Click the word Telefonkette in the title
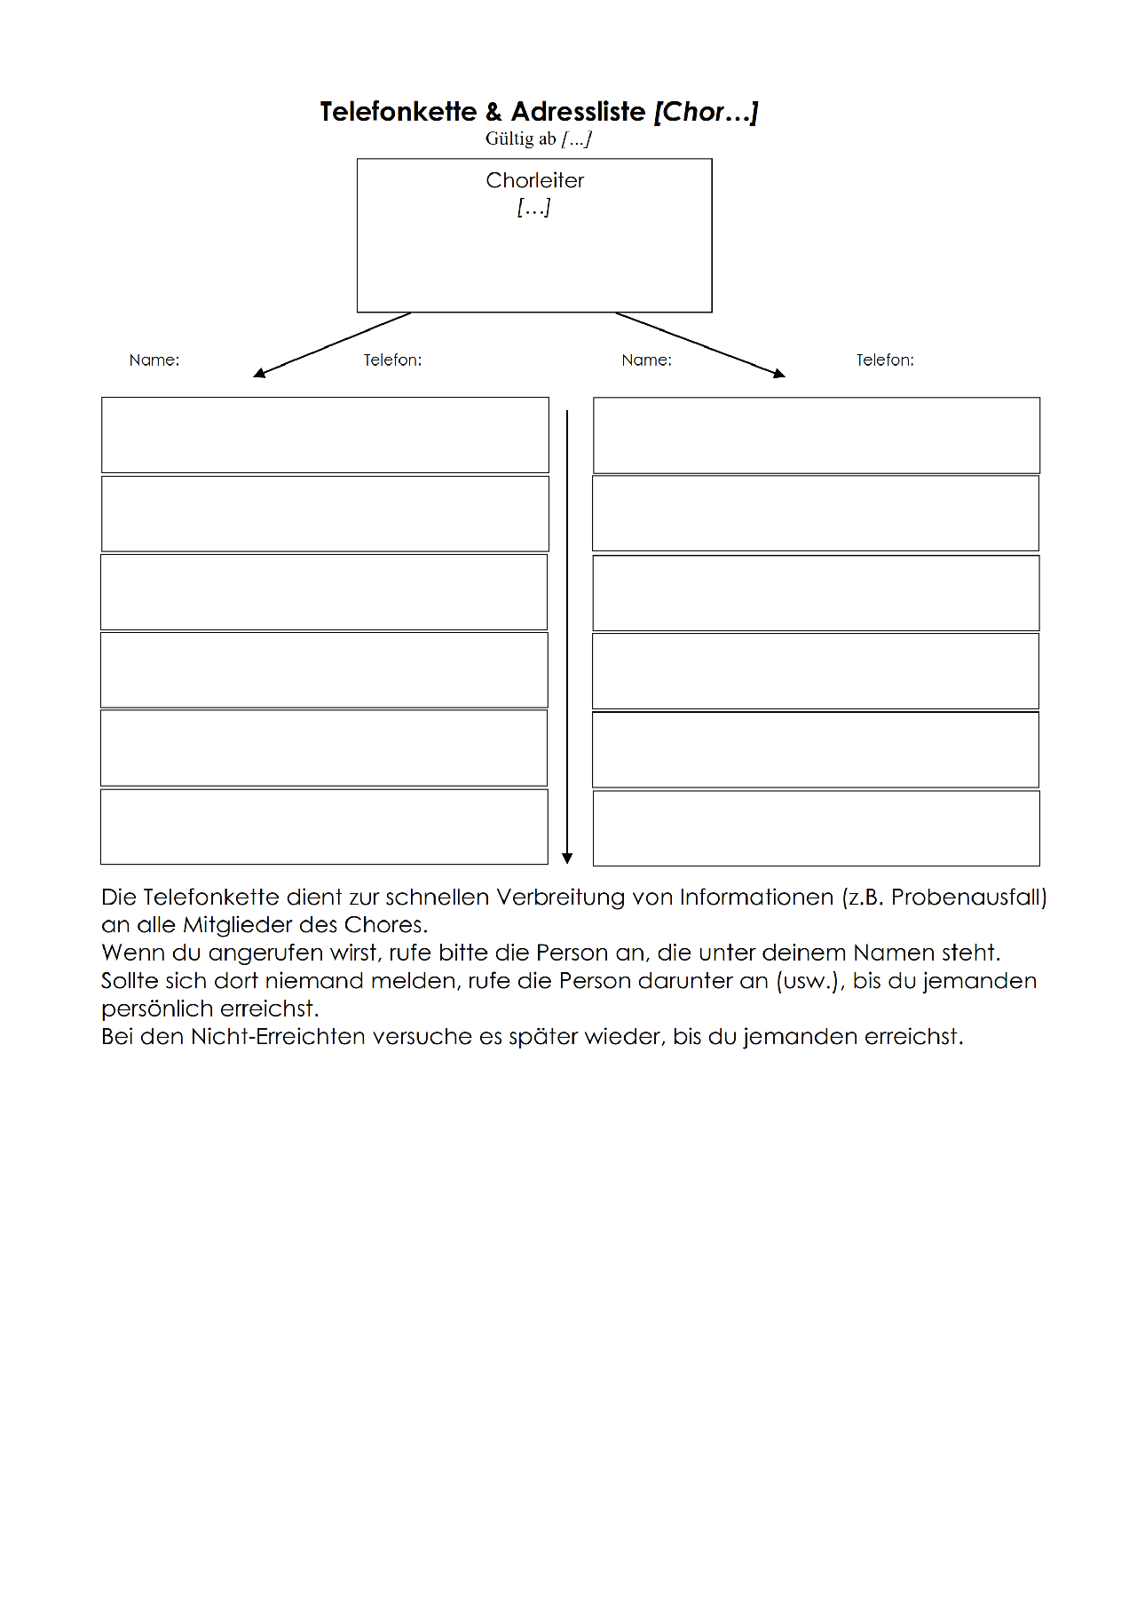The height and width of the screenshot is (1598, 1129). (399, 112)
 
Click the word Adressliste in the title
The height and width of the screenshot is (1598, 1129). (578, 112)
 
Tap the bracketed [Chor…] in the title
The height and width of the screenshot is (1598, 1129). (706, 112)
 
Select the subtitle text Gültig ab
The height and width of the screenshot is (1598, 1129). (521, 138)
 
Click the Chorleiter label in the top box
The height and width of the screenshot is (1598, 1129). (534, 180)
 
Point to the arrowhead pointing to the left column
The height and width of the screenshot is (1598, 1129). (259, 373)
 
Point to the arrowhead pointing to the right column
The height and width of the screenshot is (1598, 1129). (779, 374)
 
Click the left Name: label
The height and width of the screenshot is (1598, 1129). (154, 360)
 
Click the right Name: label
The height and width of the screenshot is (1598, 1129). (646, 360)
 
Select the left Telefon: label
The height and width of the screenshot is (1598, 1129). (392, 360)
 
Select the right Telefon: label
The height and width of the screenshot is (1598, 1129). (885, 360)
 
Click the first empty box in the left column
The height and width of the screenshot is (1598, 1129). (325, 435)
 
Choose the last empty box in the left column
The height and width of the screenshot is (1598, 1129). (324, 827)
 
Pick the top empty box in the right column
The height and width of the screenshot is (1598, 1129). (817, 435)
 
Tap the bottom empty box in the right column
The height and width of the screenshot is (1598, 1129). (817, 827)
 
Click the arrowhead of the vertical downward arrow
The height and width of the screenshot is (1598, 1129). (567, 858)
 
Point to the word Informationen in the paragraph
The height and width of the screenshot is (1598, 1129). (756, 897)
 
